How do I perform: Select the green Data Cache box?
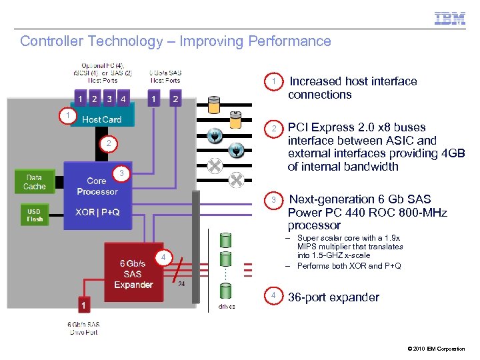34,182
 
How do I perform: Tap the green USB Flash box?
34,215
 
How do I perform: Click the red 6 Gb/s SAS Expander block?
133,273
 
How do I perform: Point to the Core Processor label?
97,186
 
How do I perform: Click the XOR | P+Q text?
97,212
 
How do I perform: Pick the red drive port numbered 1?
83,305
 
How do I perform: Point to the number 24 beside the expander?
182,283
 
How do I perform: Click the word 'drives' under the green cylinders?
227,307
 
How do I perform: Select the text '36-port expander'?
333,297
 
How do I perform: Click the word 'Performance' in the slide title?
289,41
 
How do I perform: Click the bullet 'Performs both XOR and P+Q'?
349,266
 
